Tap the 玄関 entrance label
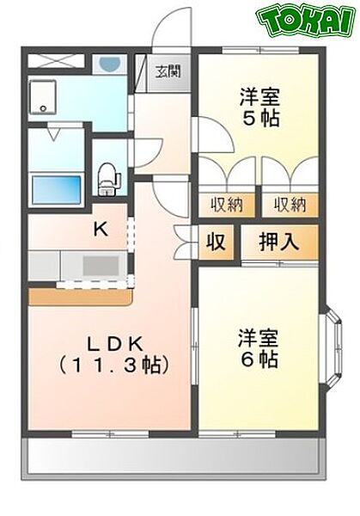(x=168, y=71)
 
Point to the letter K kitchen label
(x=101, y=229)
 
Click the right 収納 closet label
(x=290, y=205)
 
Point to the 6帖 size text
(x=259, y=359)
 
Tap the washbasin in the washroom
(x=108, y=65)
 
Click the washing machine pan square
(x=45, y=96)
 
